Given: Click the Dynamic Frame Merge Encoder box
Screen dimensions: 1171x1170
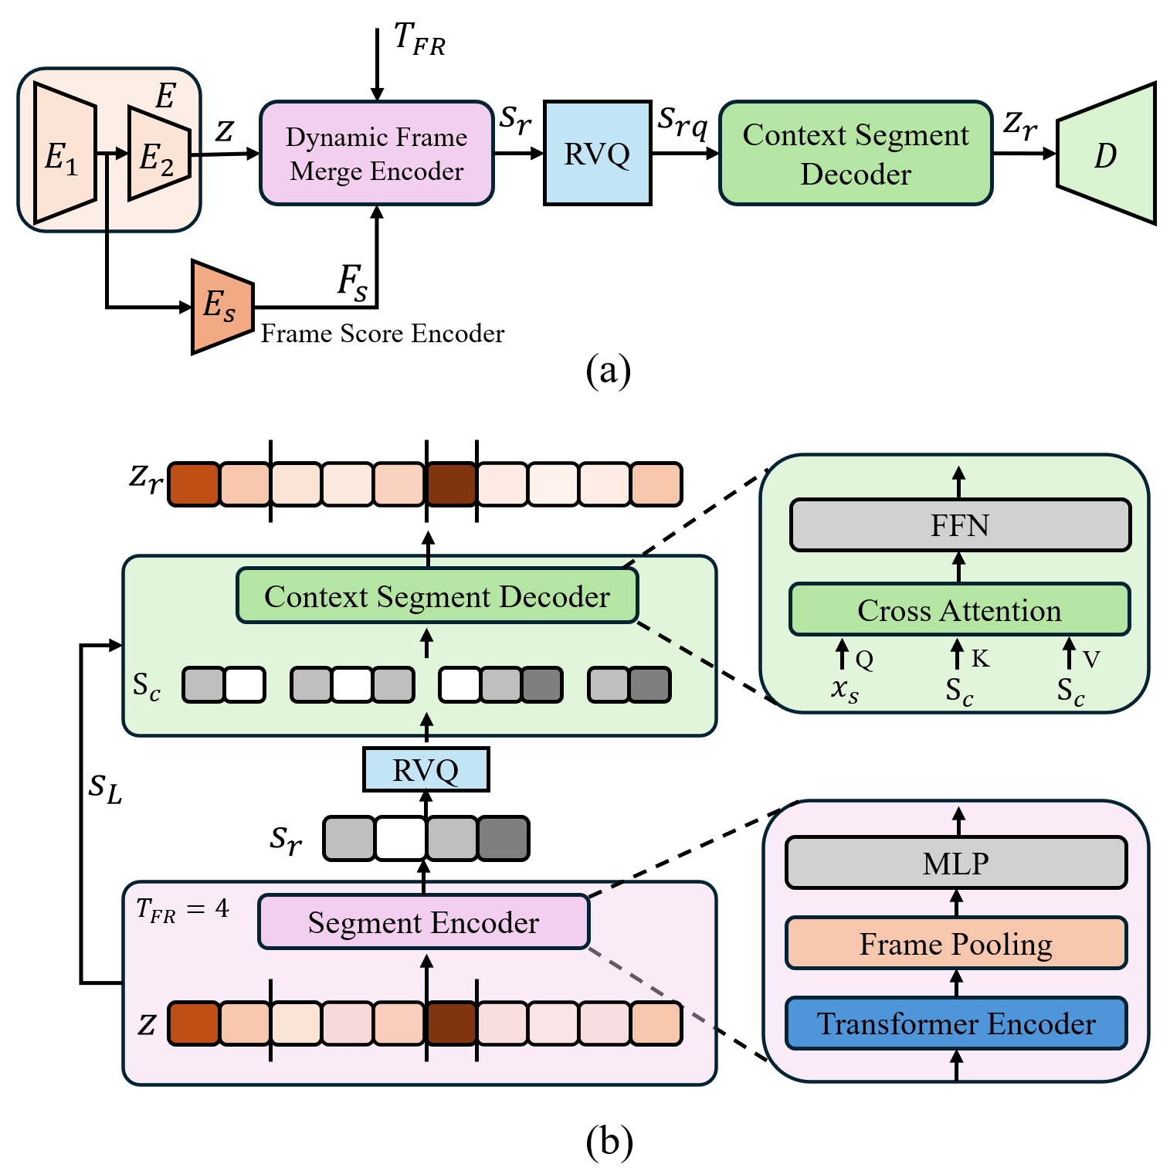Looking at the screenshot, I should (376, 153).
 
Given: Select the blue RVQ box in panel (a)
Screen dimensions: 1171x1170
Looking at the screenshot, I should (597, 153).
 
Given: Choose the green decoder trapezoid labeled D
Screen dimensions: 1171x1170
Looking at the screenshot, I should (1106, 154).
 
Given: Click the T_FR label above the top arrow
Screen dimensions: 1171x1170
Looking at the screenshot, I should (419, 39).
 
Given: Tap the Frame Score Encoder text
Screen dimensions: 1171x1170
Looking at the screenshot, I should (382, 334).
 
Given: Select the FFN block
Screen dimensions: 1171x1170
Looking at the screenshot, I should (960, 525).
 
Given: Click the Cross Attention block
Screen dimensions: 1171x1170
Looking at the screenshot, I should (959, 610).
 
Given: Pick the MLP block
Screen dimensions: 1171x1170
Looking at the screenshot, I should (956, 863).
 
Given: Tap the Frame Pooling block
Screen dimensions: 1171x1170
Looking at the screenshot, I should (956, 944).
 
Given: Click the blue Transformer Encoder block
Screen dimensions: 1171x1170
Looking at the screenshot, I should (956, 1023).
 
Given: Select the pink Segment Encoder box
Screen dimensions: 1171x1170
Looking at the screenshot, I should (423, 922).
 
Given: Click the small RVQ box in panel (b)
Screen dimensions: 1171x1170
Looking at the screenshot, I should (426, 770).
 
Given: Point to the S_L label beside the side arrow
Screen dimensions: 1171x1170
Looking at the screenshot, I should (105, 789).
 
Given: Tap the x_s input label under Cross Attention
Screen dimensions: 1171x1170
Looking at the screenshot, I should (844, 689).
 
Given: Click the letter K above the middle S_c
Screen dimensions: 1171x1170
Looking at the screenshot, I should (980, 659).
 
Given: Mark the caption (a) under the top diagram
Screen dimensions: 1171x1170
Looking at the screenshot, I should (608, 371).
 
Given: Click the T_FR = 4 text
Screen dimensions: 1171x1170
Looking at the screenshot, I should (183, 909).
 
